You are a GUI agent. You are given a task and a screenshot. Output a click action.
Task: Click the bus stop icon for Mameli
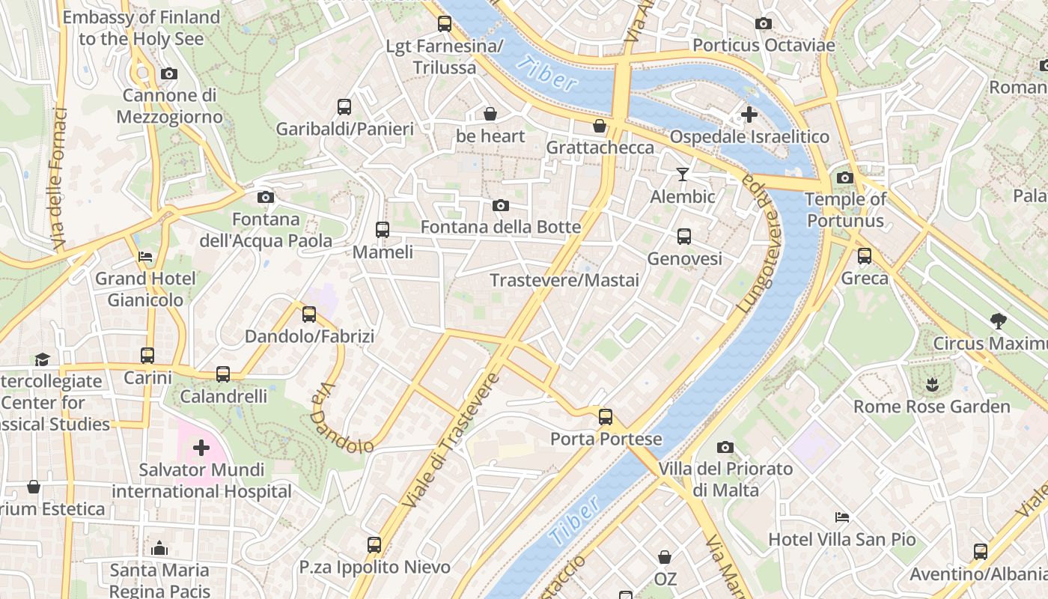tap(383, 230)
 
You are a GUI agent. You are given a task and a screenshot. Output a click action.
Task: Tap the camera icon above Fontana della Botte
tap(501, 205)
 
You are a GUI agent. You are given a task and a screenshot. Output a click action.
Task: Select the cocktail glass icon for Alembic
tap(682, 174)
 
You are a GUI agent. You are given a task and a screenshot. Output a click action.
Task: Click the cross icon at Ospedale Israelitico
tap(749, 115)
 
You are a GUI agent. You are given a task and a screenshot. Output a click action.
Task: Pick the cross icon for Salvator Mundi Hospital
tap(201, 448)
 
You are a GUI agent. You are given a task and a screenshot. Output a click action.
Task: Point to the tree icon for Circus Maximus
tap(998, 321)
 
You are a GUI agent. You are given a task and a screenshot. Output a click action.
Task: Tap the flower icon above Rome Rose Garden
tap(932, 385)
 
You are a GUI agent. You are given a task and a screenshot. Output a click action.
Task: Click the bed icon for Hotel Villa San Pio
tap(842, 517)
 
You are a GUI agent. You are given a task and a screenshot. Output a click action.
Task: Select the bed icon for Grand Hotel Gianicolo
tap(145, 256)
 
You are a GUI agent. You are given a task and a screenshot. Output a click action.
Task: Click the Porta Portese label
tap(606, 439)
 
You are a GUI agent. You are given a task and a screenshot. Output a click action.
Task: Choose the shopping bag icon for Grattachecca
tap(600, 125)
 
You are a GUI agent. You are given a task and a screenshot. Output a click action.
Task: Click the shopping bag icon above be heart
tap(490, 114)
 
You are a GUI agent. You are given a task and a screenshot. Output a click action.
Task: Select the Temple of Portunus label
tap(846, 210)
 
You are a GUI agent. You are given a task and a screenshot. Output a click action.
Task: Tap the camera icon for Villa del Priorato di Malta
tap(725, 447)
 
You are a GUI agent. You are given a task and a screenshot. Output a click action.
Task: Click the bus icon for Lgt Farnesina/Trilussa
tap(445, 24)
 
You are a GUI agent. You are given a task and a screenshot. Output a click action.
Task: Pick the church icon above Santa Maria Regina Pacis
tap(159, 548)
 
